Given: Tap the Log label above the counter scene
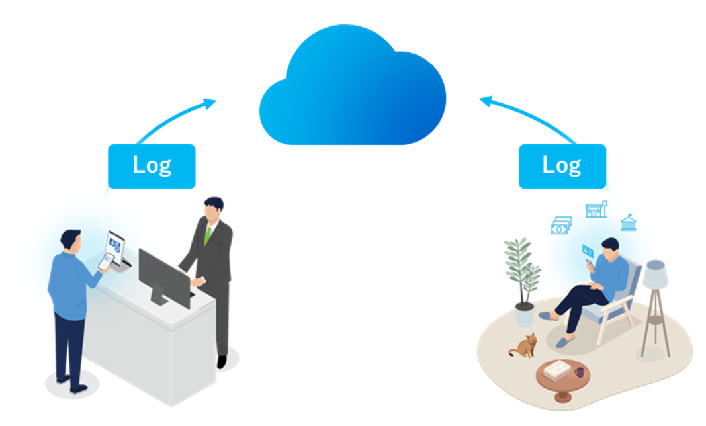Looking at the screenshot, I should [x=152, y=165].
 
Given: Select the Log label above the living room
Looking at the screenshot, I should [x=562, y=165].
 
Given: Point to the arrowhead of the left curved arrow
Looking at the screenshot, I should [x=210, y=103].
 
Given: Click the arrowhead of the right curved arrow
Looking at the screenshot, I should [x=486, y=101].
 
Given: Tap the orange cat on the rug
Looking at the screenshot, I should [x=525, y=345].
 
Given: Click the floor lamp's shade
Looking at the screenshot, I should [x=655, y=273].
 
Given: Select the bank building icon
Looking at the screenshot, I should [x=628, y=222].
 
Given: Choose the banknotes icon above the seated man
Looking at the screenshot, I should [x=560, y=226].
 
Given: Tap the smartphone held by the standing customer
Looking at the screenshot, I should [x=105, y=261].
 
